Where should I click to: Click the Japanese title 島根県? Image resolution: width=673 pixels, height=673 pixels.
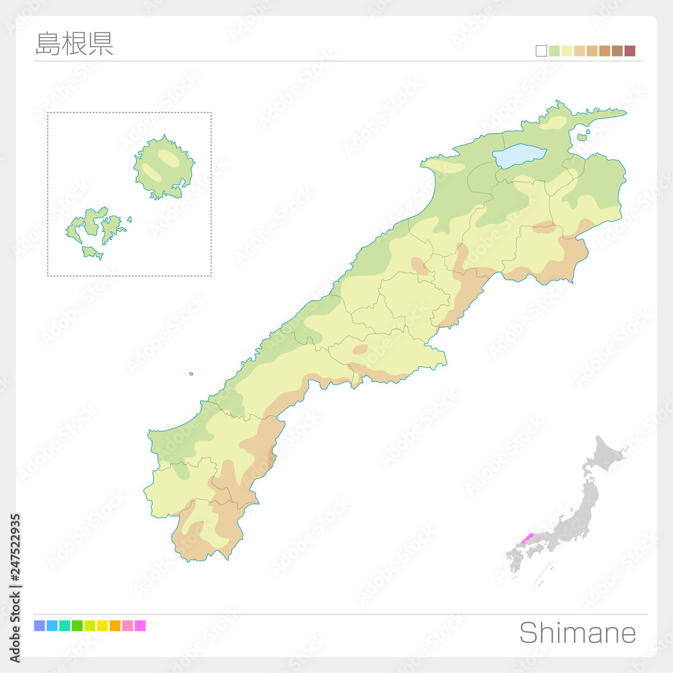tap(74, 43)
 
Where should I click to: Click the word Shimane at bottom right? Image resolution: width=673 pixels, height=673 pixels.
tap(577, 633)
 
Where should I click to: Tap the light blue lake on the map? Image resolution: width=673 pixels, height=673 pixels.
tap(522, 156)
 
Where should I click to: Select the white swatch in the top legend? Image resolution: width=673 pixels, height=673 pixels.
tap(541, 51)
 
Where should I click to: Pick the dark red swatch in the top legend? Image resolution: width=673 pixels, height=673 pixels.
tap(630, 51)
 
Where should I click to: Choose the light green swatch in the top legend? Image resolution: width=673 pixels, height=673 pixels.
tap(554, 51)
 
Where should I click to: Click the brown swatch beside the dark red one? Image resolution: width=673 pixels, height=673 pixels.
tap(617, 51)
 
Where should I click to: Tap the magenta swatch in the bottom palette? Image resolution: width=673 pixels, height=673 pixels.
tap(140, 626)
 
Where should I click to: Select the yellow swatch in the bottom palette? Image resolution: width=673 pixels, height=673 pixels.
tap(102, 626)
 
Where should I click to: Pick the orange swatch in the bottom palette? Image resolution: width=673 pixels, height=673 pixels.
tap(115, 626)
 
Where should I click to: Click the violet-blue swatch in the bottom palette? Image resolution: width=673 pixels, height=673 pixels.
tap(39, 626)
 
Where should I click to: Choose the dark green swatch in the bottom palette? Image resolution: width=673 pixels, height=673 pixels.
tap(77, 626)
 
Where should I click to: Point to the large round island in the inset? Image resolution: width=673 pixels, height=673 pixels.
tap(164, 166)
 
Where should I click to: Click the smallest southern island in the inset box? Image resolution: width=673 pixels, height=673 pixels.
tap(92, 252)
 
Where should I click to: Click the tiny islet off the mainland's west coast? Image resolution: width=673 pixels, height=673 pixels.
tap(191, 374)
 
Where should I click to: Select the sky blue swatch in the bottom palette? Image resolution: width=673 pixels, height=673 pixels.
tap(52, 626)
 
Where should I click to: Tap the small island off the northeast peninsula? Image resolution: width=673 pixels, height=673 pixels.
tap(581, 137)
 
